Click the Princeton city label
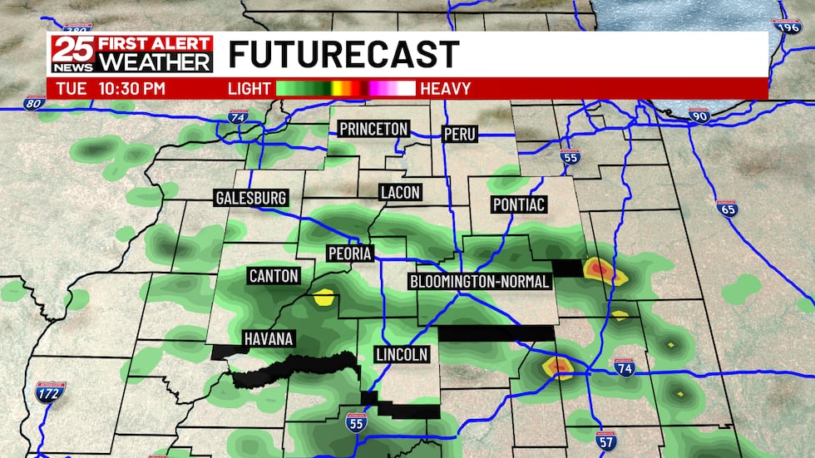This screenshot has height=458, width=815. (373, 129)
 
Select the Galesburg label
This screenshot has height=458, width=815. (250, 198)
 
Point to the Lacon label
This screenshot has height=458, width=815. (400, 192)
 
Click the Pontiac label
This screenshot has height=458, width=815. (519, 204)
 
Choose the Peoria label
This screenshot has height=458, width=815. (349, 254)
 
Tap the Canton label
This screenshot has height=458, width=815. (273, 276)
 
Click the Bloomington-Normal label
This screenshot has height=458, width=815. (480, 282)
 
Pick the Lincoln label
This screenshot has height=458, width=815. (402, 354)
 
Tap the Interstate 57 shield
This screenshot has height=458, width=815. (606, 442)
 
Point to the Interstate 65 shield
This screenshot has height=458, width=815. (727, 209)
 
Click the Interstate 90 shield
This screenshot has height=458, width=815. (699, 116)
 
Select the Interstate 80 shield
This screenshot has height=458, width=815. (32, 104)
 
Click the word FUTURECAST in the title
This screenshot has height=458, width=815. (343, 55)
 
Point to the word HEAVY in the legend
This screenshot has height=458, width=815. (446, 88)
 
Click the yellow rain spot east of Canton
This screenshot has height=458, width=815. (324, 295)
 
